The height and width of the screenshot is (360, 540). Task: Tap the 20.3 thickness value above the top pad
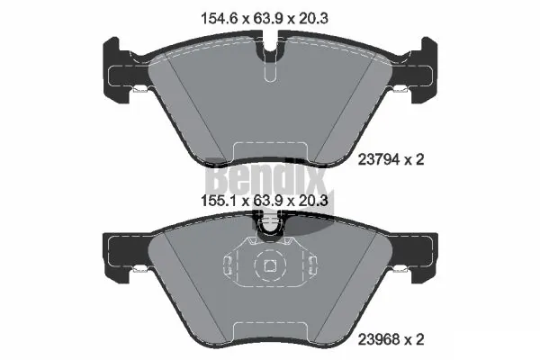313,18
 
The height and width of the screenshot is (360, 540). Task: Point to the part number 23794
379,160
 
